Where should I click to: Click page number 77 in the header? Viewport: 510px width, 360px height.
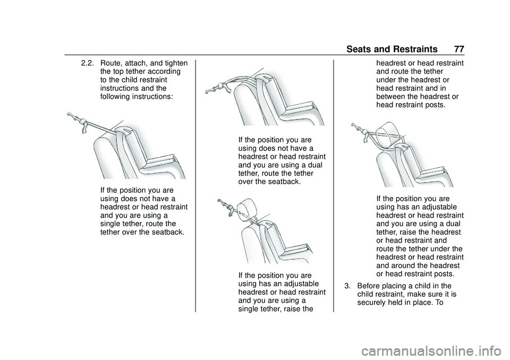pos(459,49)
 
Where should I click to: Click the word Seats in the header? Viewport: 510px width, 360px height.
pos(358,49)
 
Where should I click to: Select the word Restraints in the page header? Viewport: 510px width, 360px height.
pos(415,49)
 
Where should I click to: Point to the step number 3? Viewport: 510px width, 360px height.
pos(347,286)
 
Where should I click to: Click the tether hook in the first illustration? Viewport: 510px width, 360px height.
pos(73,118)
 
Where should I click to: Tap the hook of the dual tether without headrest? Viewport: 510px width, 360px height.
pos(212,89)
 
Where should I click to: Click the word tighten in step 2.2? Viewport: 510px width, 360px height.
pos(176,63)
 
